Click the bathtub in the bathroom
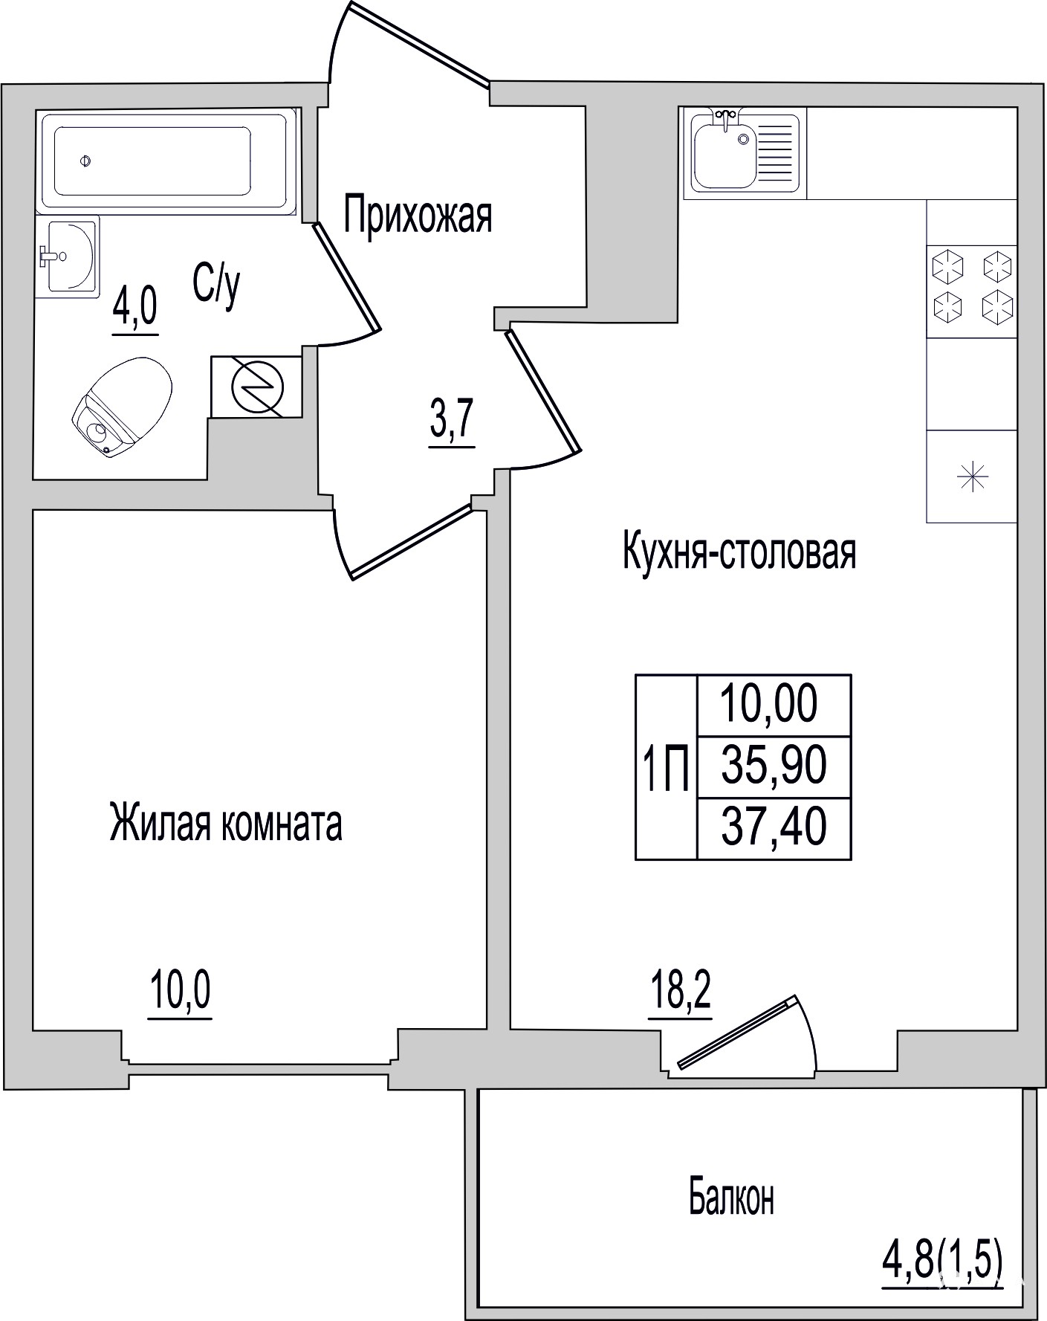point(167,161)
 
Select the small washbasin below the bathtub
point(67,256)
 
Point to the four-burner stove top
point(972,288)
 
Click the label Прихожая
point(418,216)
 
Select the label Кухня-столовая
point(739,552)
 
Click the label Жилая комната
point(226,823)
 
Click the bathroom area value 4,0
point(135,309)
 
